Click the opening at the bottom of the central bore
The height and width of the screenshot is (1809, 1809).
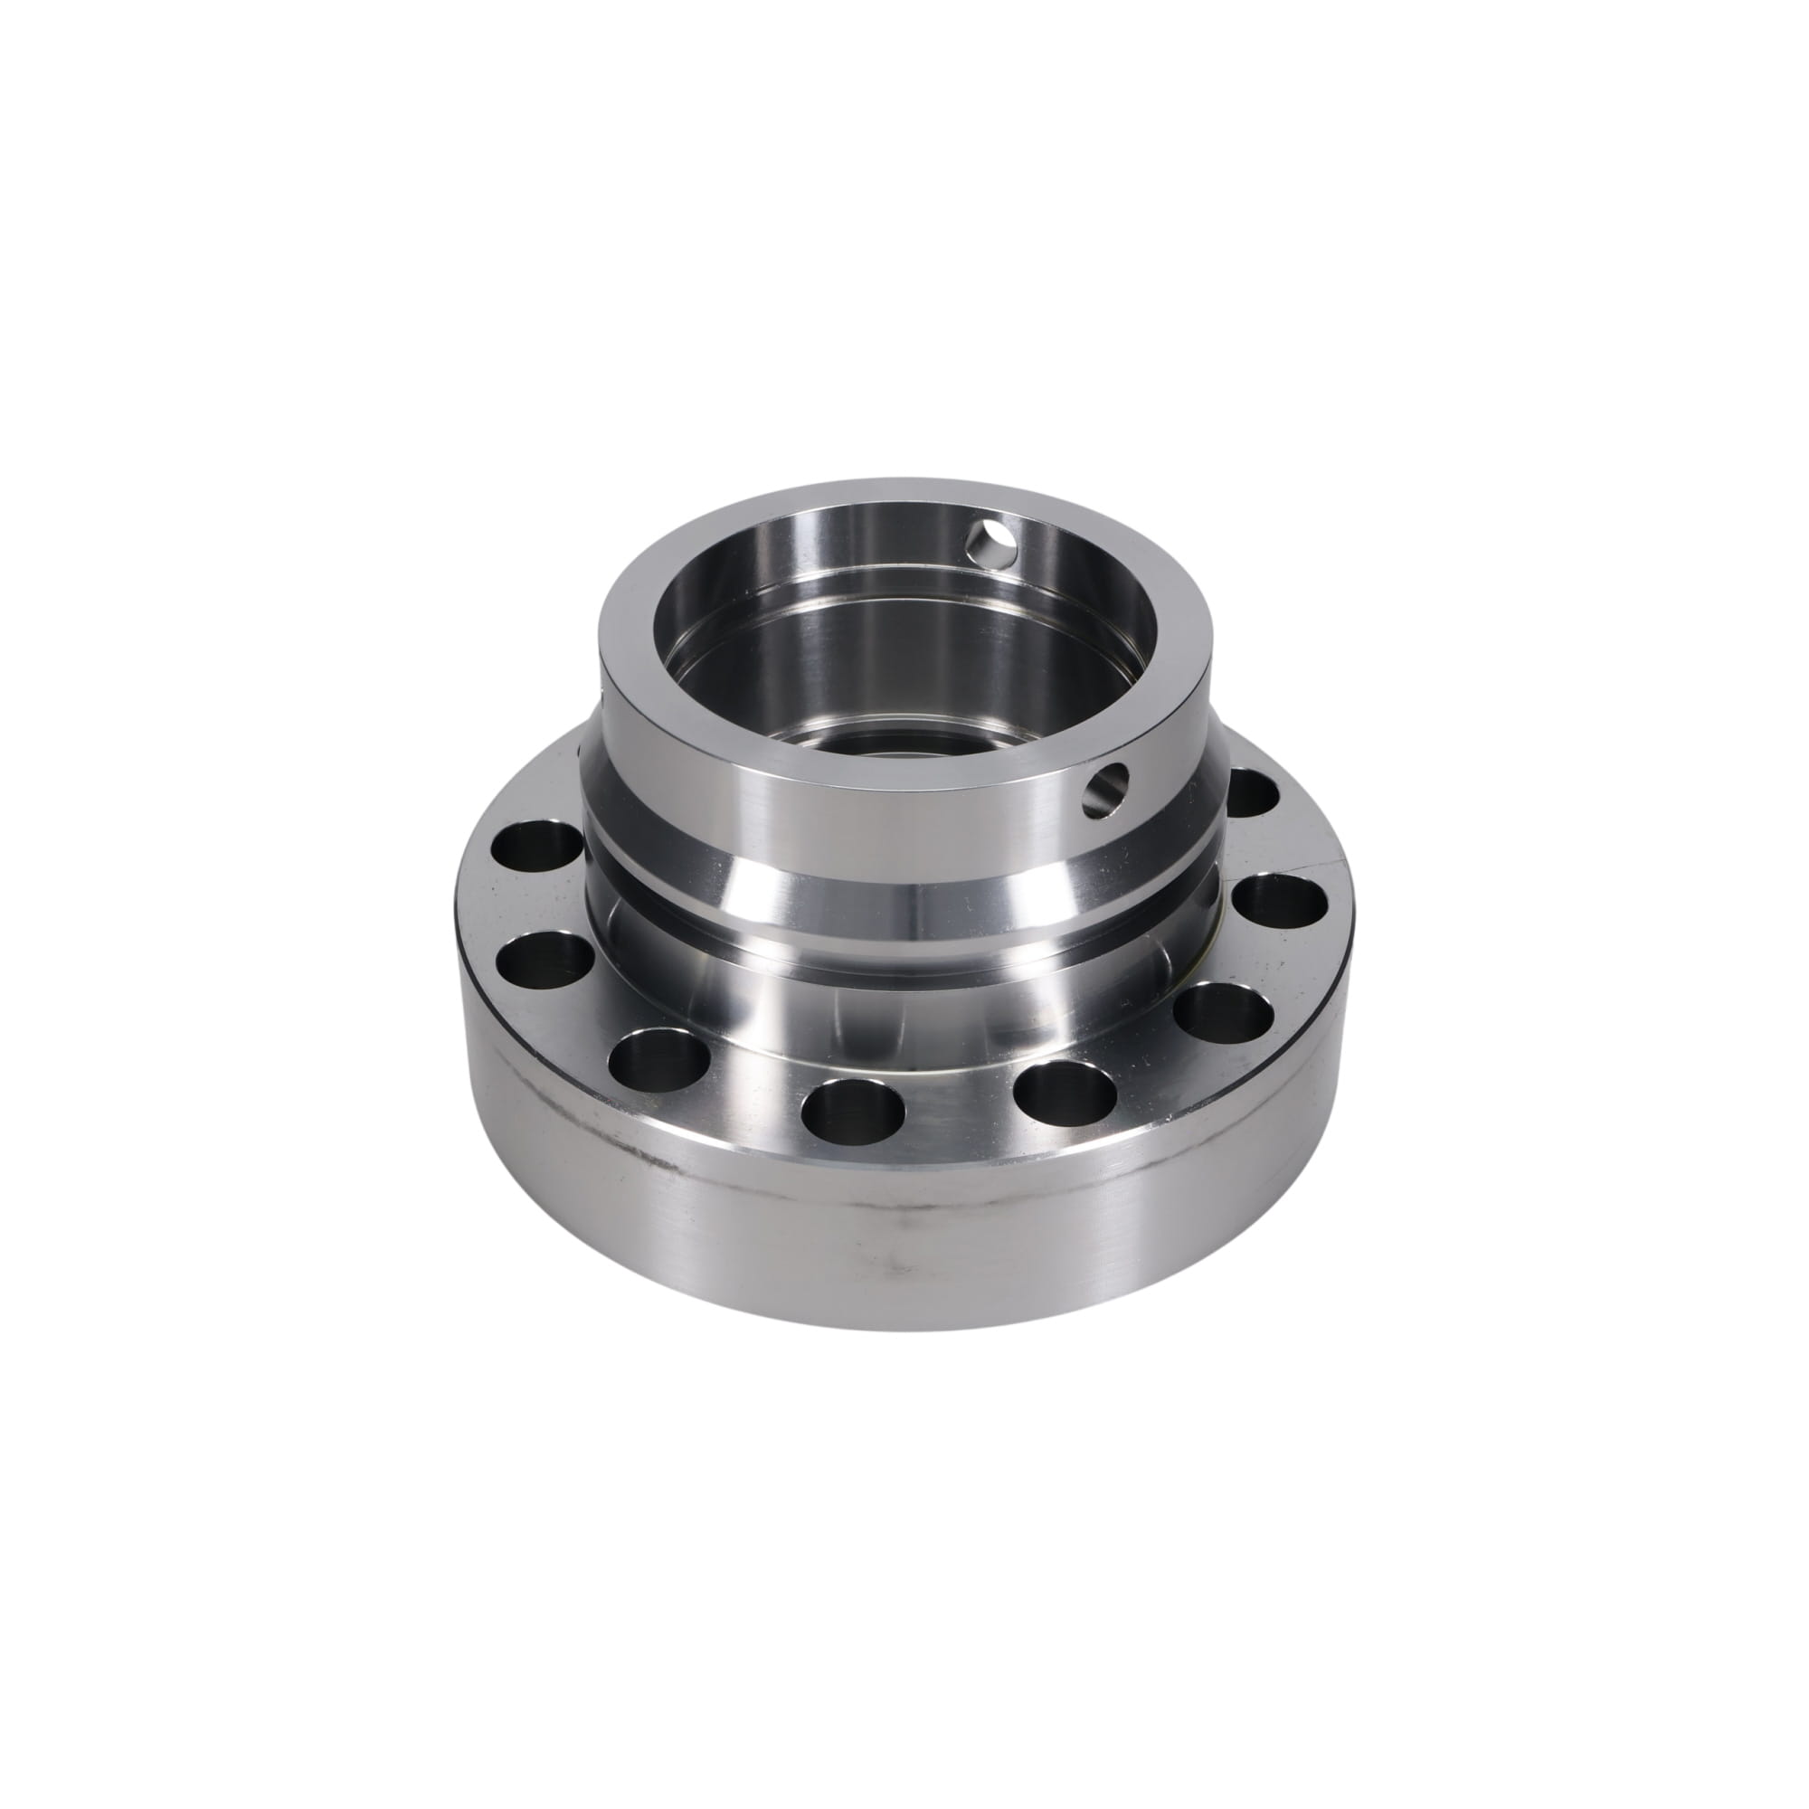880,740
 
